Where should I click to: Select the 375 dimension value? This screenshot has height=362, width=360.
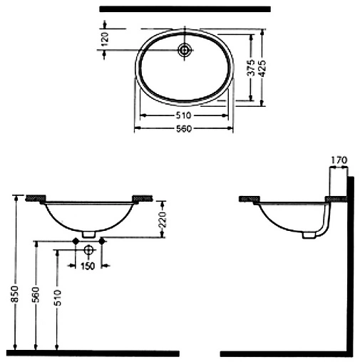251,68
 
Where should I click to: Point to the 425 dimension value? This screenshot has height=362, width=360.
262,68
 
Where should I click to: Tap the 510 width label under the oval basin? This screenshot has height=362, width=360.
183,115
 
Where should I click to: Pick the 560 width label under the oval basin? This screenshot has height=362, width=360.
184,129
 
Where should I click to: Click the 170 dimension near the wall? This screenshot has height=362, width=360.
339,160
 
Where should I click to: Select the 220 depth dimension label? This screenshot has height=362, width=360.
163,219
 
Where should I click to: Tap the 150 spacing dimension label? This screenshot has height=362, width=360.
88,266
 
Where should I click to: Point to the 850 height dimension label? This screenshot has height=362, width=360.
15,294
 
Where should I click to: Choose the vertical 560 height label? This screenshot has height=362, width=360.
36,294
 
